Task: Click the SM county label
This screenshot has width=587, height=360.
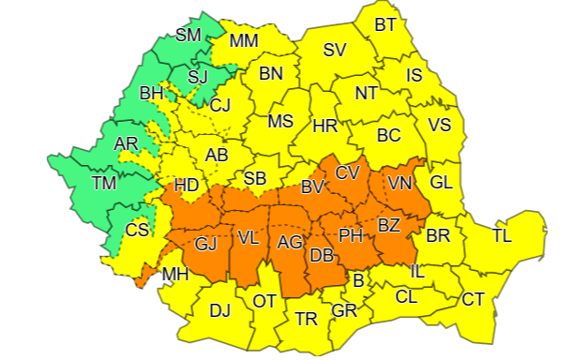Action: [188, 37]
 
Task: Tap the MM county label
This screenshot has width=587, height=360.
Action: [244, 40]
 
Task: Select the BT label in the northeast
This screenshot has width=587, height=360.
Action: [385, 24]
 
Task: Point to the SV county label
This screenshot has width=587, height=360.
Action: [335, 51]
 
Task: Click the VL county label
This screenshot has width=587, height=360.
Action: [248, 239]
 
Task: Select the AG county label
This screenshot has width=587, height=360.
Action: [290, 243]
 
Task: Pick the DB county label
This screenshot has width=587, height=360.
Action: [321, 255]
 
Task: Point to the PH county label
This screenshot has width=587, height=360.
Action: [350, 234]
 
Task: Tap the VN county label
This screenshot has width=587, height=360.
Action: [400, 184]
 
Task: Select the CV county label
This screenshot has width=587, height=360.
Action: [347, 172]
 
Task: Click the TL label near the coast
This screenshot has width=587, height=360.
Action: [503, 236]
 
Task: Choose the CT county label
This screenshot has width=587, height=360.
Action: [473, 300]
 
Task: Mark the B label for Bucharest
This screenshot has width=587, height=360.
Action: [356, 278]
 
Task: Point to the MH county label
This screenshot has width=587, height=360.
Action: [174, 275]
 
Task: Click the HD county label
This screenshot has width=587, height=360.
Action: [186, 186]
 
